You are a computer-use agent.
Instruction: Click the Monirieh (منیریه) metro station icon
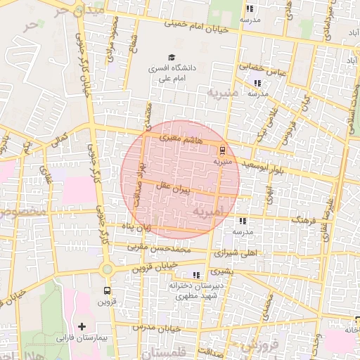(223, 149)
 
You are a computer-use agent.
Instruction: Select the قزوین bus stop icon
(107, 290)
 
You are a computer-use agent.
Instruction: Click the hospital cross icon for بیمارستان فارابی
(82, 326)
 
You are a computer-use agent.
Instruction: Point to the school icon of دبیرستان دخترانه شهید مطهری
(196, 275)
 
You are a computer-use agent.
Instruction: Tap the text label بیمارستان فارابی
(82, 338)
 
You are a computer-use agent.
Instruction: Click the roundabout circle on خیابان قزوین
(107, 269)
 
